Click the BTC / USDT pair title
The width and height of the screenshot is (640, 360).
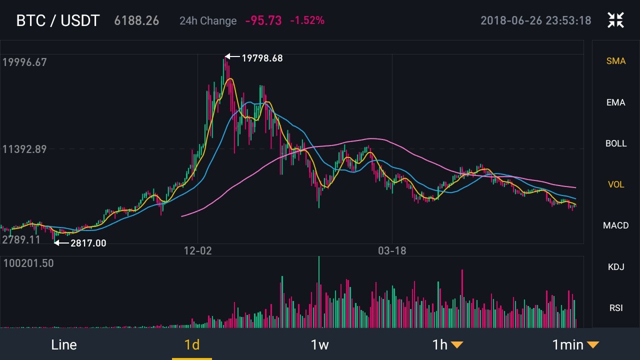(x=58, y=20)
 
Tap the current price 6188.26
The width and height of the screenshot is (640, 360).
(x=136, y=20)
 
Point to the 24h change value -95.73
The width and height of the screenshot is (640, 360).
(x=263, y=20)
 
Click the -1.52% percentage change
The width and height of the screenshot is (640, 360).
(x=307, y=20)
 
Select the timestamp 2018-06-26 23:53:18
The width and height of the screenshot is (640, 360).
(x=535, y=20)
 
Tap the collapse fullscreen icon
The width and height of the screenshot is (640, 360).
(x=615, y=20)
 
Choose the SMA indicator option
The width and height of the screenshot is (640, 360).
(x=615, y=61)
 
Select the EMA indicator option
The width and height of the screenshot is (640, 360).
(x=615, y=102)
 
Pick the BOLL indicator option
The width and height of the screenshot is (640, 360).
(x=615, y=143)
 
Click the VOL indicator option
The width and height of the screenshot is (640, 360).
(x=615, y=184)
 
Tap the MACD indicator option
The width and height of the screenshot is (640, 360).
(x=615, y=225)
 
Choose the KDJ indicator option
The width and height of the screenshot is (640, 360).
(x=615, y=266)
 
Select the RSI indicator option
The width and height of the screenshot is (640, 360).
(x=615, y=307)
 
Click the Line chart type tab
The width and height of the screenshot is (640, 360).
(x=64, y=344)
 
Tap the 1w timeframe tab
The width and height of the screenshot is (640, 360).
(x=319, y=344)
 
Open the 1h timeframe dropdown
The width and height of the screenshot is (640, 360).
(x=447, y=344)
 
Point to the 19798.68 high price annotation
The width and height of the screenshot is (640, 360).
(x=262, y=58)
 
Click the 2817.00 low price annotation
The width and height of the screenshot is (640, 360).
(x=88, y=243)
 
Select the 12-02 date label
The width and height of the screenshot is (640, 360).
(x=198, y=250)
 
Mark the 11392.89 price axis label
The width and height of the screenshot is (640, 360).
(x=24, y=149)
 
